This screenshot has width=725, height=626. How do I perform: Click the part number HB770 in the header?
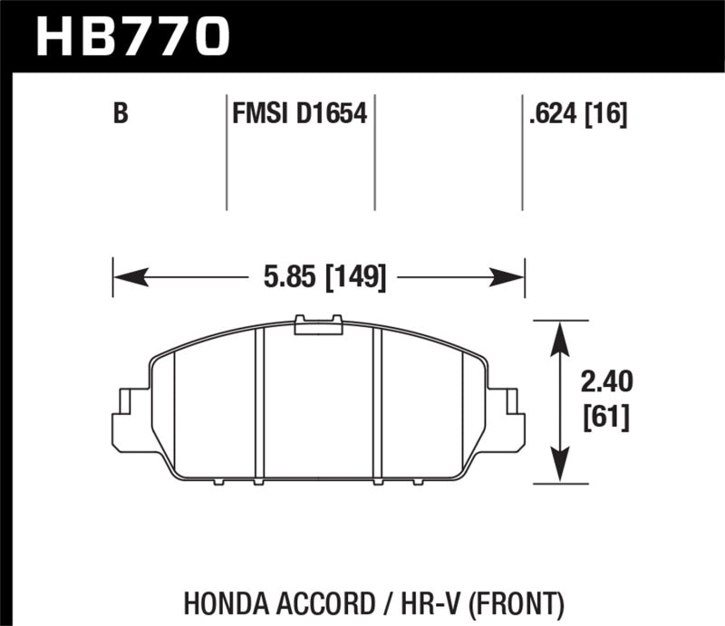133,35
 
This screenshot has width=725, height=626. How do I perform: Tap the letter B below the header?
119,115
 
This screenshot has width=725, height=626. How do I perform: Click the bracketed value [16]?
608,115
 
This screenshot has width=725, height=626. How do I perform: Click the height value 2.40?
605,382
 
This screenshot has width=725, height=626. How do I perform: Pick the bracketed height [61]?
605,418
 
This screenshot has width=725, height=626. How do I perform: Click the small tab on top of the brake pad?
318,324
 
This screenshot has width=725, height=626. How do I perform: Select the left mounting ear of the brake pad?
130,417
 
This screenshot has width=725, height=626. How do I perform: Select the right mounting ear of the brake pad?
507,417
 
